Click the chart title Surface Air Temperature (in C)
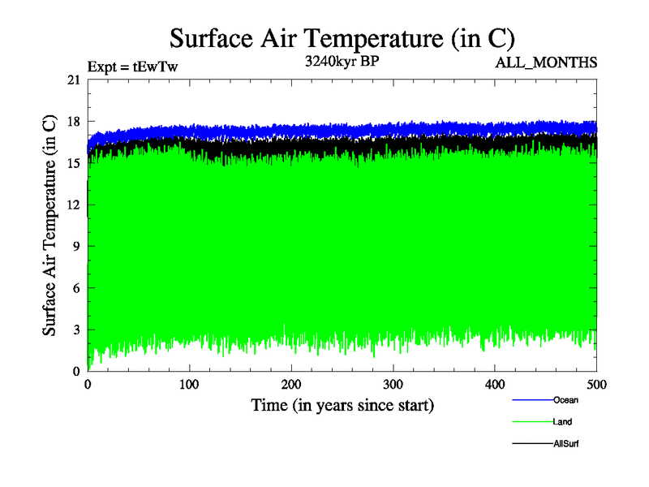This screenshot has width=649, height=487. click(x=342, y=37)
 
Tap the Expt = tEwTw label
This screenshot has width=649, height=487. click(x=132, y=67)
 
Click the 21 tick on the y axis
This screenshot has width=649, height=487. click(x=74, y=80)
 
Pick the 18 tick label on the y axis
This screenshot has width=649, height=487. click(x=74, y=121)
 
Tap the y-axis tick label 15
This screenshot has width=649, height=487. click(x=74, y=162)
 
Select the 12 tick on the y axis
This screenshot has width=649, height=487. click(x=74, y=205)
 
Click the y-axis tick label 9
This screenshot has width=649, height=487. click(x=76, y=246)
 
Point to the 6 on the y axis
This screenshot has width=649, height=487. click(x=76, y=287)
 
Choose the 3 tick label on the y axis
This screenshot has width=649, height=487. click(x=76, y=330)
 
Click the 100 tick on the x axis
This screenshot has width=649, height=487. click(x=190, y=384)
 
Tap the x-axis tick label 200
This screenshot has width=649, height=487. click(x=291, y=384)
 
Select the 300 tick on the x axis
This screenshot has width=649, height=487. click(x=393, y=384)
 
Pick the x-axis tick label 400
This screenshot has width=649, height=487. click(x=495, y=384)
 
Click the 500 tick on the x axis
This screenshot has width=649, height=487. click(x=596, y=384)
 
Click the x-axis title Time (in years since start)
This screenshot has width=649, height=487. click(x=342, y=405)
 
